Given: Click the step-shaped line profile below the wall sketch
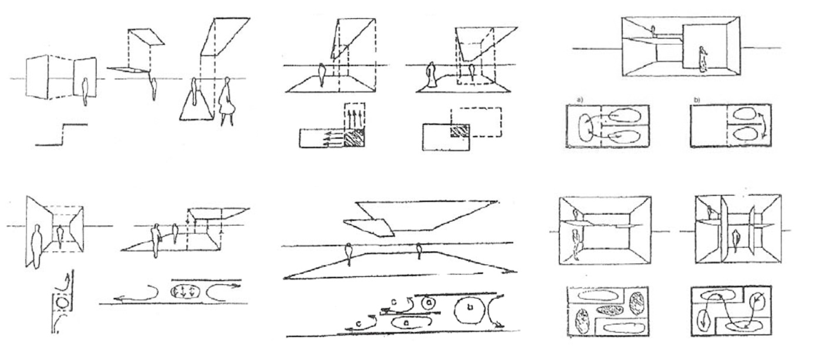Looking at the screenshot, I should pos(62,133).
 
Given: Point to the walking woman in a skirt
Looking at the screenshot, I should pos(225,100).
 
